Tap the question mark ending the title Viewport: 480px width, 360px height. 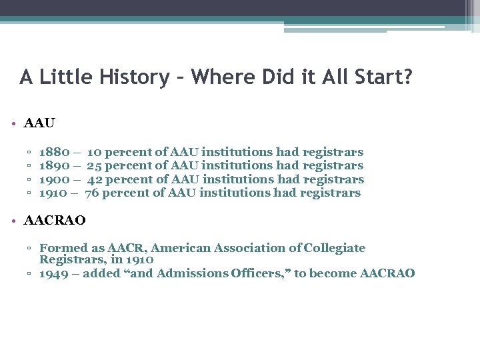pyautogui.click(x=408, y=77)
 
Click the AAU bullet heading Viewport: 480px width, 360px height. pyautogui.click(x=39, y=123)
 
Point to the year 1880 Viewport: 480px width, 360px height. pyautogui.click(x=53, y=152)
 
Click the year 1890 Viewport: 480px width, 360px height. pyautogui.click(x=53, y=165)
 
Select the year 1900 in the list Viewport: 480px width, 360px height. pyautogui.click(x=53, y=179)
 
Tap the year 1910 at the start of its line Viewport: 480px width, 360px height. pyautogui.click(x=53, y=193)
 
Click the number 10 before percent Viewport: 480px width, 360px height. pyautogui.click(x=95, y=152)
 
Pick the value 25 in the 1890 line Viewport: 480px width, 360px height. pyautogui.click(x=95, y=165)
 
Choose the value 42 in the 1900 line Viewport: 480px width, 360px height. pyautogui.click(x=95, y=179)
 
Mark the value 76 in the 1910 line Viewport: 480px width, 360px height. pyautogui.click(x=93, y=193)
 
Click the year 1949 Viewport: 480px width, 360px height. pyautogui.click(x=53, y=273)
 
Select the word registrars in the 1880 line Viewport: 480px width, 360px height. pyautogui.click(x=333, y=152)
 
